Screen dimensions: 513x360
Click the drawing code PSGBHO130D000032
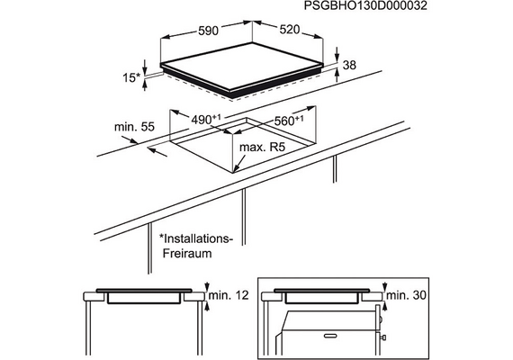click(x=365, y=6)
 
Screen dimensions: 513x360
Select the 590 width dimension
click(x=208, y=31)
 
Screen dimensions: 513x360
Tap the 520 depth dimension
click(x=290, y=30)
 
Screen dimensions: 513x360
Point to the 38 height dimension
click(x=349, y=65)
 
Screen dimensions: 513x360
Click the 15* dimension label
click(x=131, y=78)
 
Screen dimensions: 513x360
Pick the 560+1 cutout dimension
click(x=288, y=121)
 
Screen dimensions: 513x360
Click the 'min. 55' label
click(x=134, y=127)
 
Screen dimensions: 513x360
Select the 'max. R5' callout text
click(x=263, y=148)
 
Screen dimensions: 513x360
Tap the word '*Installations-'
click(x=196, y=238)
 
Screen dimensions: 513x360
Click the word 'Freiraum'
click(x=187, y=253)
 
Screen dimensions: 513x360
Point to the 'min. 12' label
click(x=229, y=295)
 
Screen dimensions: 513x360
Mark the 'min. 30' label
click(x=407, y=295)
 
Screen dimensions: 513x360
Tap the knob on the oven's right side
click(x=383, y=337)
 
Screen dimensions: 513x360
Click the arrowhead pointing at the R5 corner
click(x=237, y=168)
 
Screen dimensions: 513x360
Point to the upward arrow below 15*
click(x=145, y=85)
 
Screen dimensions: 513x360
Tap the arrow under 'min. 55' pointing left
click(x=157, y=152)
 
